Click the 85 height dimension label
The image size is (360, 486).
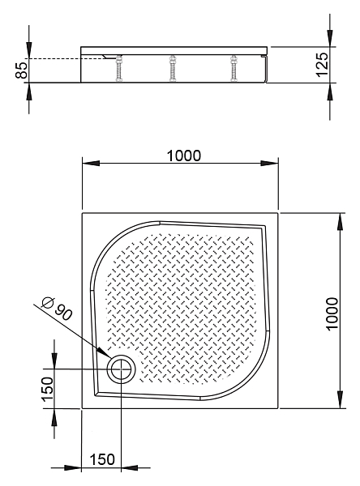[x=22, y=70]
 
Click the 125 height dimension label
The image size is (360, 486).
[x=322, y=65]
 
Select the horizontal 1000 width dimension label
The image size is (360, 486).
[x=184, y=156]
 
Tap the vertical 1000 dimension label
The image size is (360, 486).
[x=332, y=314]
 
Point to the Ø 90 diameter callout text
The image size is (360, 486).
[x=58, y=308]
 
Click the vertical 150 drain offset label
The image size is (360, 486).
[x=48, y=390]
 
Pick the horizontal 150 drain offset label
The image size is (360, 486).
[x=102, y=459]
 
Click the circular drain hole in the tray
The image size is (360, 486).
[x=121, y=369]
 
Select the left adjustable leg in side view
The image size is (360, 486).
[x=119, y=68]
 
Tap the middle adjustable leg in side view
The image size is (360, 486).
[x=172, y=68]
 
